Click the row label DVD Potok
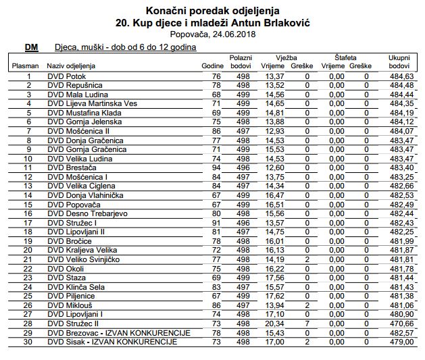66,76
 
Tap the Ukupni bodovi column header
399,62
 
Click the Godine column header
213,66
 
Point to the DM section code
30,47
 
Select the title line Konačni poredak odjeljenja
212,10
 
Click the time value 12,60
274,167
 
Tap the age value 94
217,167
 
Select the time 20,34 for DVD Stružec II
274,323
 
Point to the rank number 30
28,341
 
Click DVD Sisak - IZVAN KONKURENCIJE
112,341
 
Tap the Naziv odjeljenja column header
71,66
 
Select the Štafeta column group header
345,58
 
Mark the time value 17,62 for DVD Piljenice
274,295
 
